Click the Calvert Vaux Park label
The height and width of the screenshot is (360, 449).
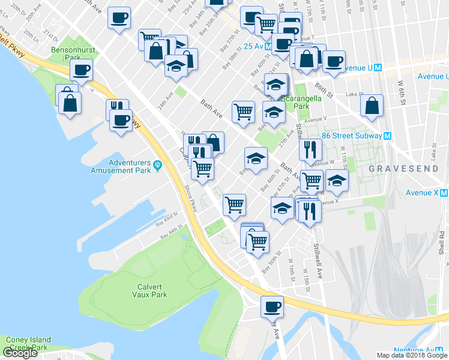click(x=149, y=290)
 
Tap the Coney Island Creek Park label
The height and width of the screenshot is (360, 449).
click(x=28, y=343)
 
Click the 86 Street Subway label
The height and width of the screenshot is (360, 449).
click(x=351, y=136)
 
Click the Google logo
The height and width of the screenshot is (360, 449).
click(x=20, y=353)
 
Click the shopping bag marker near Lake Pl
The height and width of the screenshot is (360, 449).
click(x=372, y=106)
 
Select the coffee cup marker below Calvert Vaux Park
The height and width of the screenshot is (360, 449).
click(x=272, y=307)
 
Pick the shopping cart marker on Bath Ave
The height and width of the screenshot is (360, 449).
click(x=243, y=111)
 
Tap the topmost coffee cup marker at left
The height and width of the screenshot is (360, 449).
click(x=119, y=17)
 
